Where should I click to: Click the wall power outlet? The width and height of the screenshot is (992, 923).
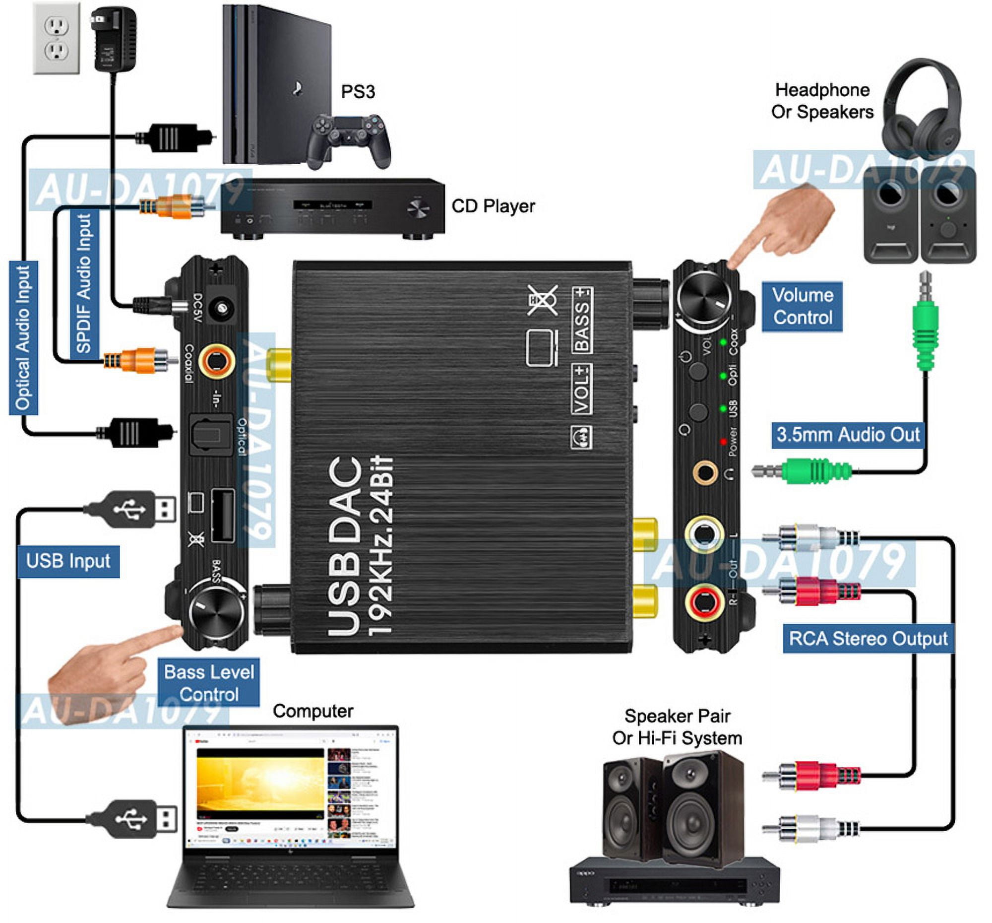pos(57,38)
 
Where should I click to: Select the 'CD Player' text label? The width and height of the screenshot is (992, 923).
pos(493,206)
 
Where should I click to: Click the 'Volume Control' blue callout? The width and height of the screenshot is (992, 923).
pos(802,307)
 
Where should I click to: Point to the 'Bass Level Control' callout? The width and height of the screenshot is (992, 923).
pos(209,683)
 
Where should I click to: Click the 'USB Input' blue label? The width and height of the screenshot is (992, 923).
pos(68,561)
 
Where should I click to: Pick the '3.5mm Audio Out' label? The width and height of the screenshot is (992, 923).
pos(847,435)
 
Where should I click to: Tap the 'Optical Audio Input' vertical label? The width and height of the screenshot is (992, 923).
pos(23,338)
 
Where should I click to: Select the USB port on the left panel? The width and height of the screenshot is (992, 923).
pos(223,516)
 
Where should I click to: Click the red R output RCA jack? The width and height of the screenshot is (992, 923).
pos(704,601)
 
